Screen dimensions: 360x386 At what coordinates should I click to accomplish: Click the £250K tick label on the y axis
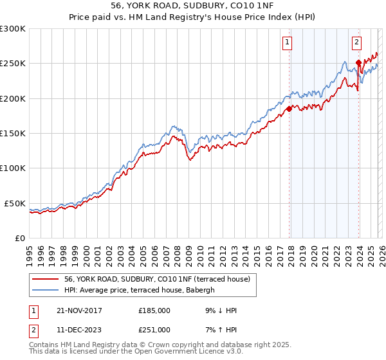point(13,64)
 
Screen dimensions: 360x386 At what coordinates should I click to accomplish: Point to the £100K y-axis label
point(13,168)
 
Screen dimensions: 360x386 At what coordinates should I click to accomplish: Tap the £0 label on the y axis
point(19,238)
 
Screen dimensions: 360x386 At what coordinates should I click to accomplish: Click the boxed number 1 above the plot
point(287,43)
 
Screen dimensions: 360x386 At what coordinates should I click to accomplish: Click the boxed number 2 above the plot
point(356,43)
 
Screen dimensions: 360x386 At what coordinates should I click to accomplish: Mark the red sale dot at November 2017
point(289,109)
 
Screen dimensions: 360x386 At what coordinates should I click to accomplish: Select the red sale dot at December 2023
point(358,62)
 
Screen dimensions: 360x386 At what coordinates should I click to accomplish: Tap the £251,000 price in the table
point(154,329)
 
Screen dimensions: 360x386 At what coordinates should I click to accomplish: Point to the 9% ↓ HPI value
point(217,310)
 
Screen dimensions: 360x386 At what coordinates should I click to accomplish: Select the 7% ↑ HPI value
point(217,329)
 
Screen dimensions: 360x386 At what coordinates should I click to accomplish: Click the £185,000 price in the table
point(154,310)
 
